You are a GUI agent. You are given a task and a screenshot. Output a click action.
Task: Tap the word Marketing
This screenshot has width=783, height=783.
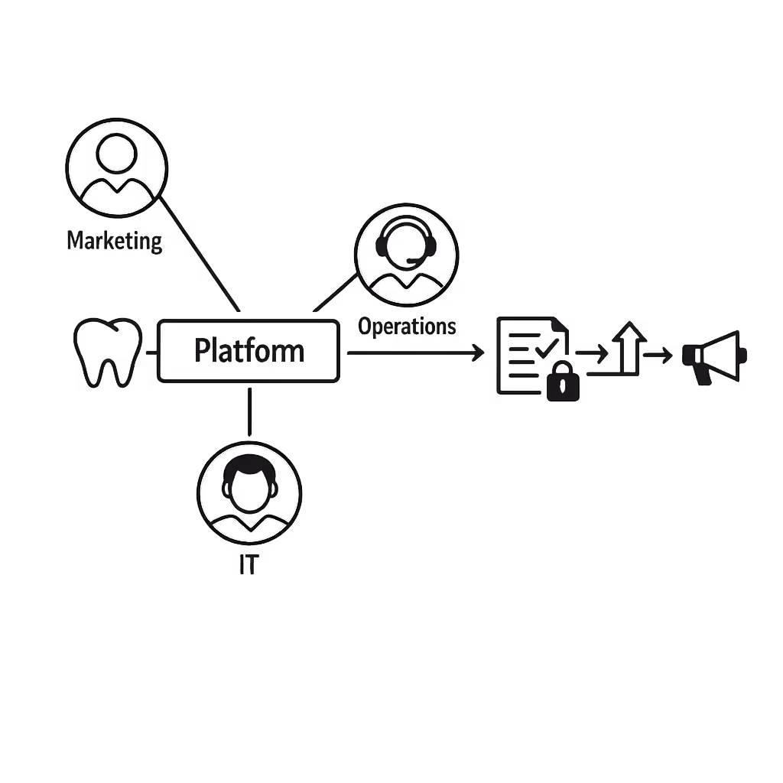click(x=115, y=241)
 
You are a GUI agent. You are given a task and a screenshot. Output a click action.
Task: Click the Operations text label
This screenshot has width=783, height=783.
click(x=407, y=327)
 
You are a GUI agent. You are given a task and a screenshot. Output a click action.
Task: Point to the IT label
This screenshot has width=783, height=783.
click(x=249, y=565)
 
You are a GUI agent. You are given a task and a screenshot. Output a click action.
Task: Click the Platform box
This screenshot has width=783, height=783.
click(x=249, y=351)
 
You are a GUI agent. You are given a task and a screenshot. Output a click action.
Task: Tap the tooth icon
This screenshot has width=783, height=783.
click(x=108, y=352)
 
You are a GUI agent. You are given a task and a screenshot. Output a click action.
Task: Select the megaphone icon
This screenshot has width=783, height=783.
click(x=715, y=356)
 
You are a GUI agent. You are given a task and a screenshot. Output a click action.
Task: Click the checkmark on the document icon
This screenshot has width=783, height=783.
click(x=545, y=348)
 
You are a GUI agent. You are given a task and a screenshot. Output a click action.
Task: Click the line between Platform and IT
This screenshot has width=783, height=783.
click(x=249, y=412)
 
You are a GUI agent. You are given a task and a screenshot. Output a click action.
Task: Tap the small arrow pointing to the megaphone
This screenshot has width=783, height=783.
click(x=658, y=355)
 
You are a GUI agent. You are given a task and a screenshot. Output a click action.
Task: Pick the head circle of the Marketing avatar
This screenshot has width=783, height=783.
click(x=115, y=153)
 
